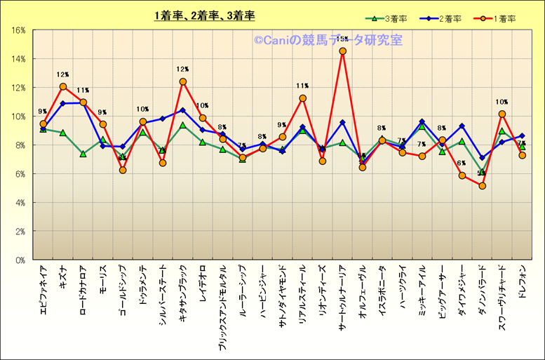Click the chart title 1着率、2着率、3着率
(205, 15)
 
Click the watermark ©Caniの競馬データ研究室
(328, 41)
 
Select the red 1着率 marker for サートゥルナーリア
(342, 51)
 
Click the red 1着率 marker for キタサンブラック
(183, 81)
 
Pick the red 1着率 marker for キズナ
(63, 86)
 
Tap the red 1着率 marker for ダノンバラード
(482, 185)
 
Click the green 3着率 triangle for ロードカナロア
(83, 154)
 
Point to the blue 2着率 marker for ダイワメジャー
(462, 126)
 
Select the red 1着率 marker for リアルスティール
(302, 98)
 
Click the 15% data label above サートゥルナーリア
(342, 39)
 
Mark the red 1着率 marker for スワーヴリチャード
(502, 114)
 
